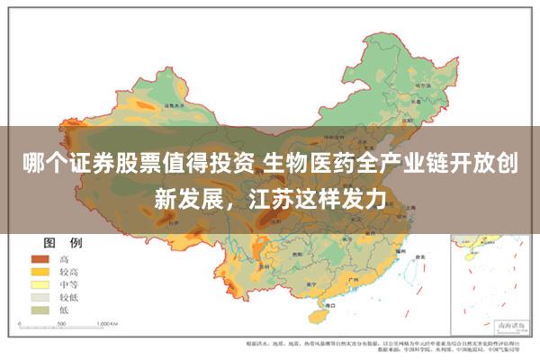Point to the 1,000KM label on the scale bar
(107, 322)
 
